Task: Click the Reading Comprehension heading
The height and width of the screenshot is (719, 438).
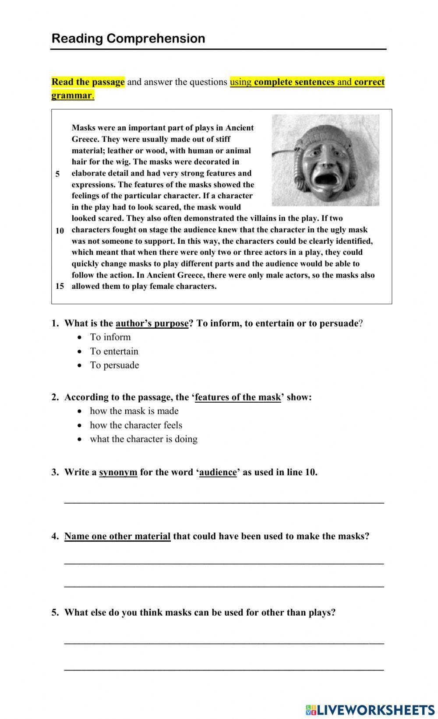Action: pos(128,39)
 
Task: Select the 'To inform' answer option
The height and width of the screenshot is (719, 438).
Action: pos(110,337)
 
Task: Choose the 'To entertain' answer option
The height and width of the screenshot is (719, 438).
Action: pos(114,351)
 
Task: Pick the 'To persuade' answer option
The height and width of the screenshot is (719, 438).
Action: pos(114,365)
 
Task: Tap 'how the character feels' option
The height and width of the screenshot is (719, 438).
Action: pos(136,425)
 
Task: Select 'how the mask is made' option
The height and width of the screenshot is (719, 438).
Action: pos(134,411)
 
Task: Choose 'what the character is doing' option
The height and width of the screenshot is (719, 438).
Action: pos(144,439)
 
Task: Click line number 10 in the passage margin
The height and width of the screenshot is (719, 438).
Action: pos(60,231)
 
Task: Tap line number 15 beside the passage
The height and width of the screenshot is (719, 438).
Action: pos(60,286)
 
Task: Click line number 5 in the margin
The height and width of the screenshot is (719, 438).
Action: pos(57,174)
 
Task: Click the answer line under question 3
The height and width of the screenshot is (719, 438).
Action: pos(224,501)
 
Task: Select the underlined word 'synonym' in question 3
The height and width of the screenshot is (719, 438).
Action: pos(118,472)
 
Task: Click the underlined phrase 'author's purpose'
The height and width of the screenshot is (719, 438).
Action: pos(152,323)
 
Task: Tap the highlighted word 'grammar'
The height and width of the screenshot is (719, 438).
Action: pos(71,95)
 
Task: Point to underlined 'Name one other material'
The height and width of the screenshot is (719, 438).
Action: pos(117,536)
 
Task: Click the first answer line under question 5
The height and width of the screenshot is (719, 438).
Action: pos(224,642)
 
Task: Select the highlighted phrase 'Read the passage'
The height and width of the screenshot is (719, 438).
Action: pos(88,82)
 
